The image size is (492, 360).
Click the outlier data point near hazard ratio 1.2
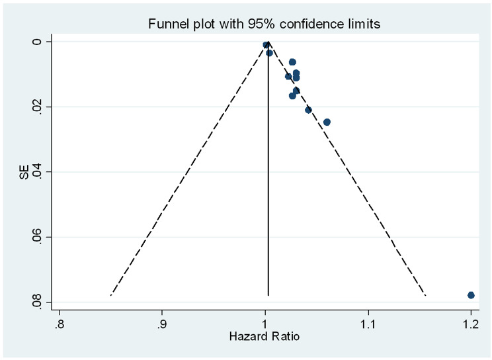471,294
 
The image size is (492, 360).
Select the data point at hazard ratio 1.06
327,122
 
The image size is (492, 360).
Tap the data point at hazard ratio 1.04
308,110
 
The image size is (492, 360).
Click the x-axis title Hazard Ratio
265,337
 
